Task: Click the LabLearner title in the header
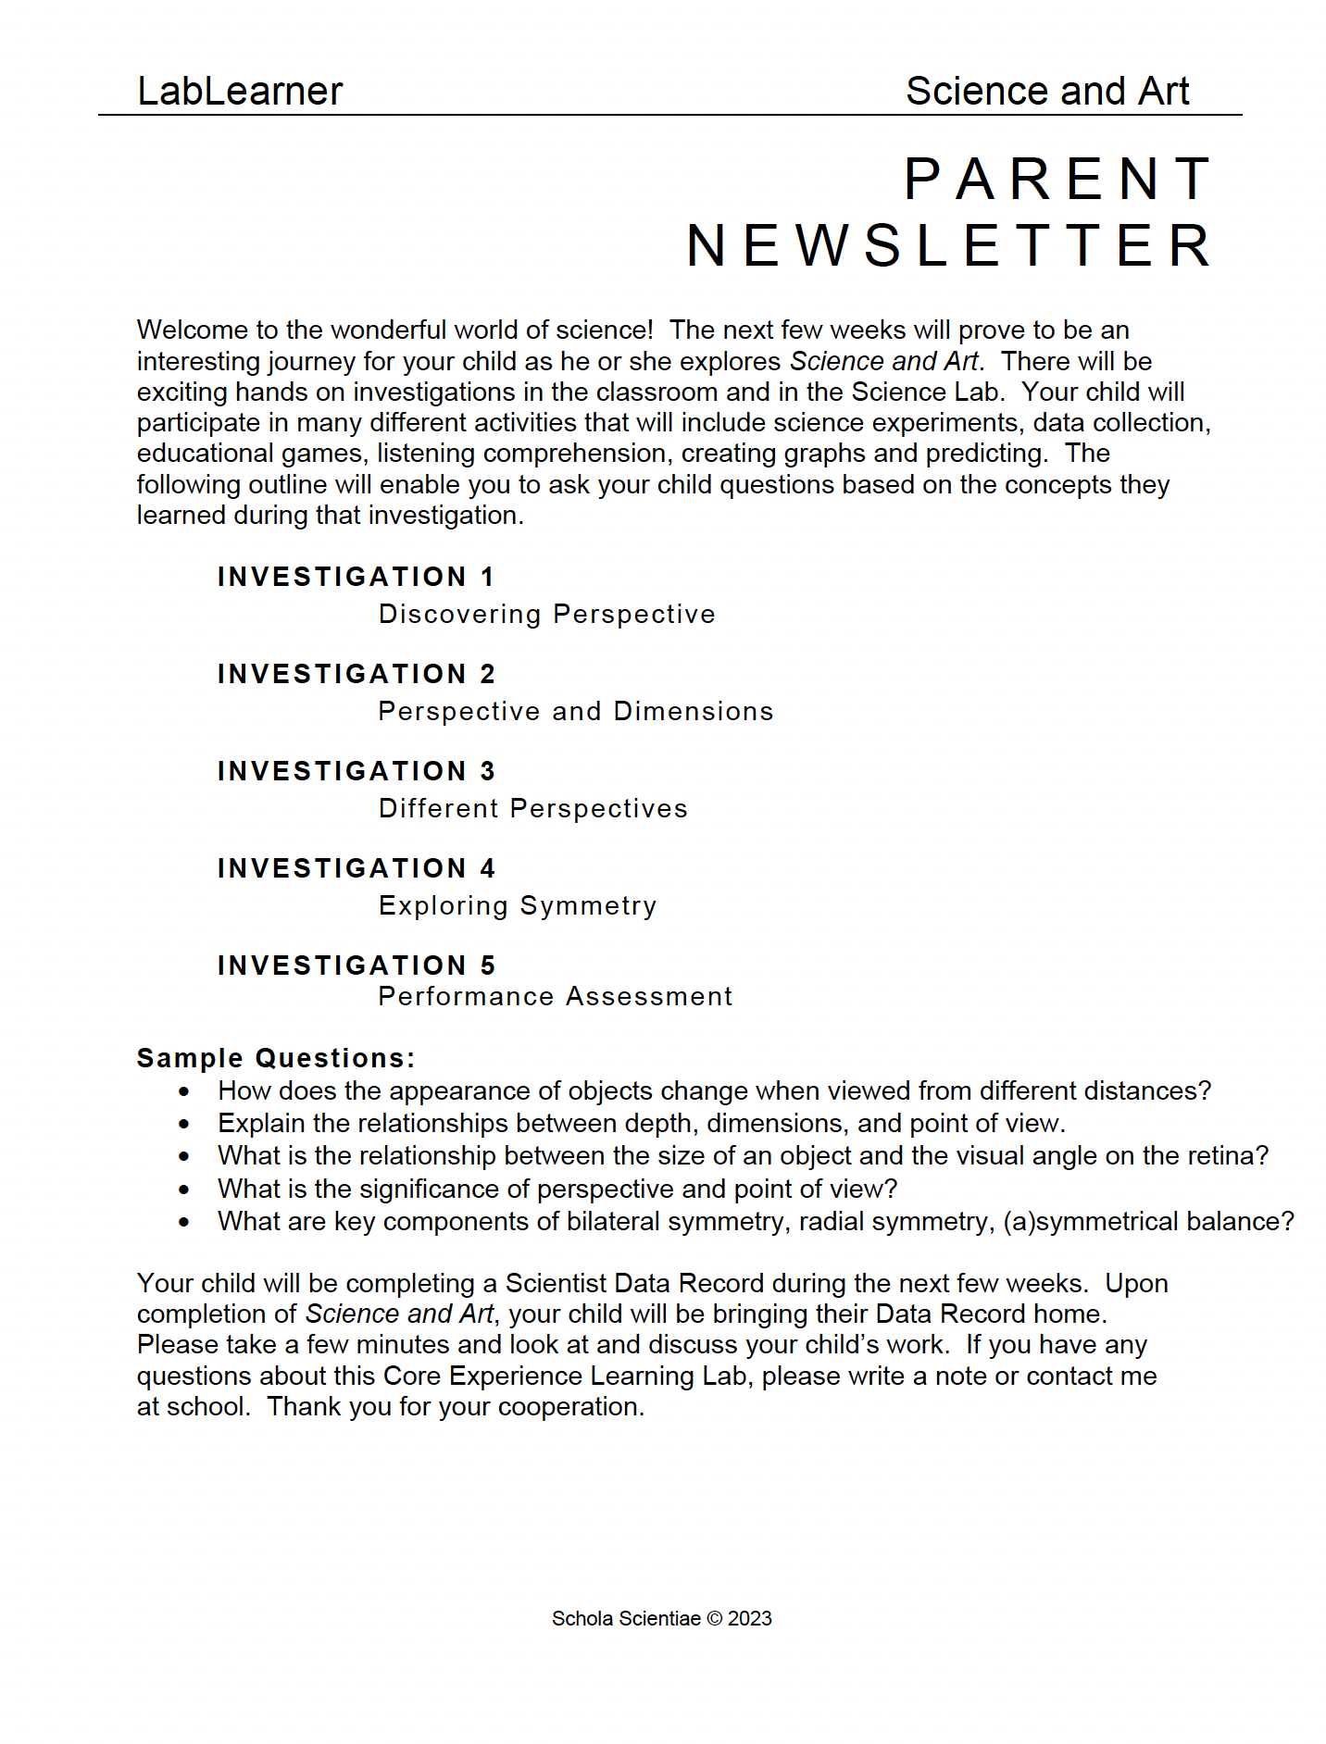[240, 92]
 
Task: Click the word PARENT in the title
[1057, 179]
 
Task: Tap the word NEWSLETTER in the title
[948, 246]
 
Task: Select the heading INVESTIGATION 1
[357, 577]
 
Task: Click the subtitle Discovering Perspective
[546, 615]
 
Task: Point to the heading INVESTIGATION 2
[357, 674]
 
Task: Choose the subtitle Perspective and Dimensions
[575, 712]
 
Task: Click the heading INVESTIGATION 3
[357, 771]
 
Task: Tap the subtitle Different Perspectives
[532, 809]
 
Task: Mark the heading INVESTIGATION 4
[357, 868]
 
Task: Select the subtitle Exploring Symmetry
[518, 906]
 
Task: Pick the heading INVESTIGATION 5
[357, 965]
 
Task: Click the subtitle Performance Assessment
[555, 997]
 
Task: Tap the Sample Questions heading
[276, 1058]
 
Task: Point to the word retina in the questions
[1223, 1156]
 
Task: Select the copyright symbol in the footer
[714, 1619]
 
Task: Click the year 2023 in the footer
[749, 1619]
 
